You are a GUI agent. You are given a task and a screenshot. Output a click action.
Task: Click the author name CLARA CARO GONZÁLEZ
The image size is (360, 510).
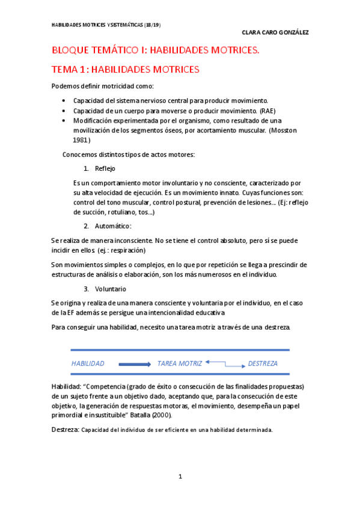pos(275,32)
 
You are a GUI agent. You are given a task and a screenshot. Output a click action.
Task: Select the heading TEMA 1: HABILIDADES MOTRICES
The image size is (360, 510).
pos(125,70)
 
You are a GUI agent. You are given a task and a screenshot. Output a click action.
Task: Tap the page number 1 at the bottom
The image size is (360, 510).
pos(180,477)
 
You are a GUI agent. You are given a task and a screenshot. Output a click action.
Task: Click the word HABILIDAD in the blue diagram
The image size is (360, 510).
pos(88,364)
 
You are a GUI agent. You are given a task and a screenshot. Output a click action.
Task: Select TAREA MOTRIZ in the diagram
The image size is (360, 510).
pos(180,364)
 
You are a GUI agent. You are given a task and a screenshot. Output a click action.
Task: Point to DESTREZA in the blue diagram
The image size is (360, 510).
pos(263,364)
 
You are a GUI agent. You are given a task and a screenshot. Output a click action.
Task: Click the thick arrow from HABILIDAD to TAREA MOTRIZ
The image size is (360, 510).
pos(135,364)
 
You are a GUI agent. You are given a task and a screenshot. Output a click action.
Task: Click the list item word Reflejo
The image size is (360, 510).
pos(105,168)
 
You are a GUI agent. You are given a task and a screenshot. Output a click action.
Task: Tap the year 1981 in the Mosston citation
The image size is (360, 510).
pos(81,140)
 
